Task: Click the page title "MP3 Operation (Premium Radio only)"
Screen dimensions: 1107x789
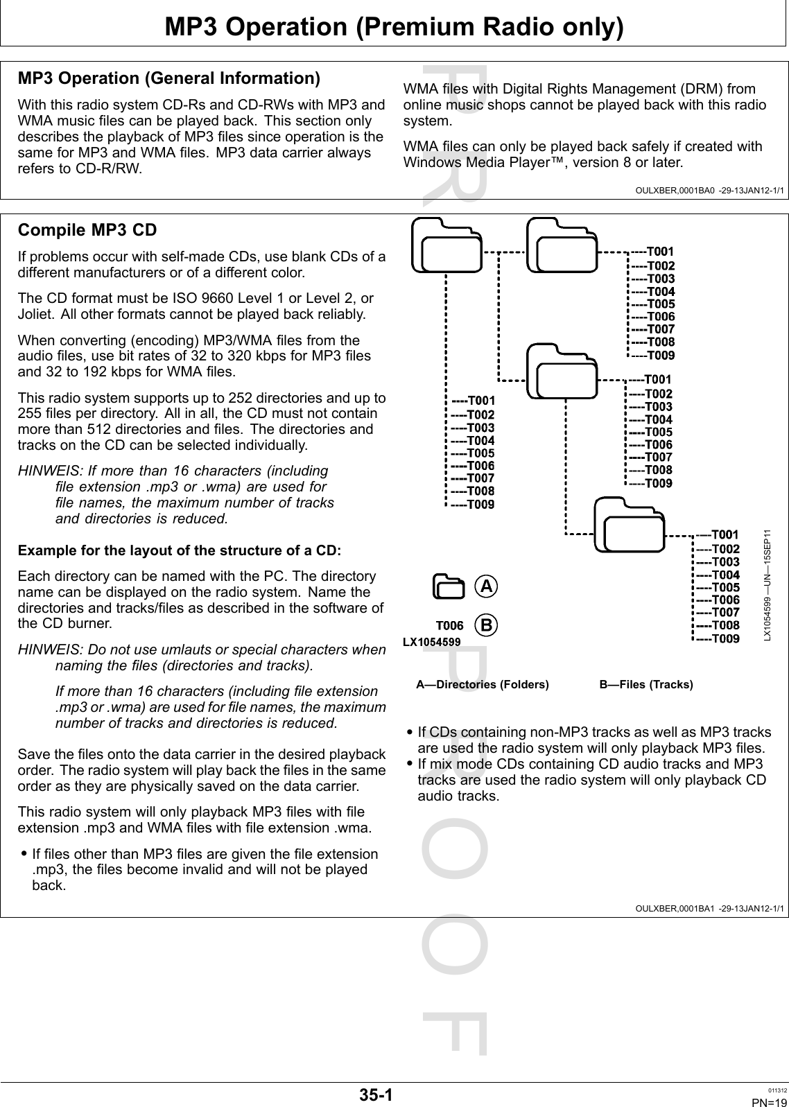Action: click(x=394, y=27)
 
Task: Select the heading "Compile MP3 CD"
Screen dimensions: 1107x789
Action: click(x=87, y=230)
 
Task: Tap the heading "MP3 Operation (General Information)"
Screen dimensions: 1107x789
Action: click(x=168, y=78)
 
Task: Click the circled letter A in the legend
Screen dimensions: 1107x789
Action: click(x=487, y=586)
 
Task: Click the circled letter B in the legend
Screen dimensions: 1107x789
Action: click(x=487, y=625)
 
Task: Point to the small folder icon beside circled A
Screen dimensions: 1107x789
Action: click(x=449, y=586)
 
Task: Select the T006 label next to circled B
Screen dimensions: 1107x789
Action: click(x=449, y=625)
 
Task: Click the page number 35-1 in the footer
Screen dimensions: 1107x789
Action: click(x=376, y=1095)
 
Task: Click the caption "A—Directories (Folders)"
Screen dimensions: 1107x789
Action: click(x=482, y=685)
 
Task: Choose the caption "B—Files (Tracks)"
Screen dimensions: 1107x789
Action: click(x=645, y=685)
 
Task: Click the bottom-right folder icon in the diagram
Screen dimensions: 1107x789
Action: click(x=629, y=525)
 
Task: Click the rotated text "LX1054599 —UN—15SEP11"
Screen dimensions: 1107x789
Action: click(x=767, y=586)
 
